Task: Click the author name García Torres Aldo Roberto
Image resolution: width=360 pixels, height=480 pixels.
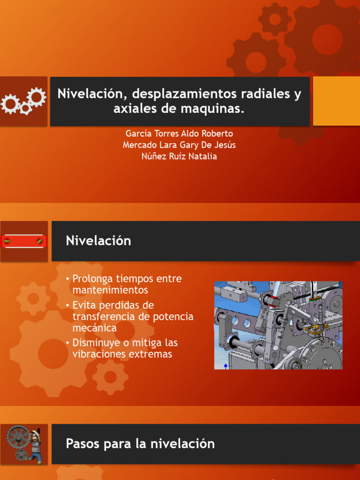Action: tap(179, 134)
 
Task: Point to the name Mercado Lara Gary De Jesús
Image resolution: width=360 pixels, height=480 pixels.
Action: tap(179, 145)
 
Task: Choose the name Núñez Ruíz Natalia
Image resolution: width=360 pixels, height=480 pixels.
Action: tap(179, 156)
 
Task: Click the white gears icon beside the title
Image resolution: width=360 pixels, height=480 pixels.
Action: tap(23, 101)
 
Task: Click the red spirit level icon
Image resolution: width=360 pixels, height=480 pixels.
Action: tap(23, 241)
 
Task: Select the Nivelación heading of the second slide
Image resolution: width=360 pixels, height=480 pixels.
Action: tap(98, 241)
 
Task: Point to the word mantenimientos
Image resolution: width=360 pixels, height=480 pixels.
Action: tap(110, 290)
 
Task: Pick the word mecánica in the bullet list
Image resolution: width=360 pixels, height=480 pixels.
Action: tap(95, 328)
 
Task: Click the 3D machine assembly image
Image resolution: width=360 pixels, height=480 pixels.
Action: tap(278, 325)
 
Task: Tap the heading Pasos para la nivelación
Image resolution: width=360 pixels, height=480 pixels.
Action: tap(140, 443)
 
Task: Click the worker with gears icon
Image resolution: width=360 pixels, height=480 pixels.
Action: tap(24, 444)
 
